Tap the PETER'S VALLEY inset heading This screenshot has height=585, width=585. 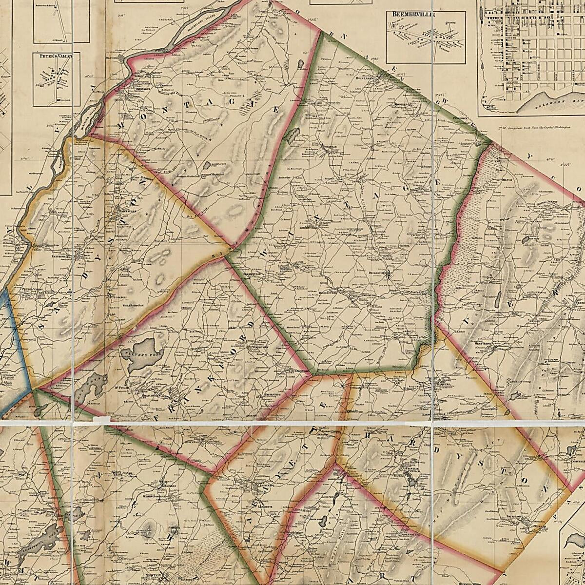pos(57,57)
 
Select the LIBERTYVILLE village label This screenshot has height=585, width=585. pos(308,227)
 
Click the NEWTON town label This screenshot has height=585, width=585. pos(165,570)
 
